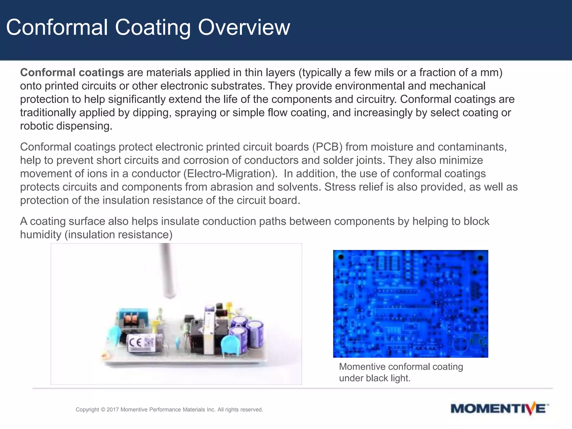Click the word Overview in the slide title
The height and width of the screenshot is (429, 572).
point(244,27)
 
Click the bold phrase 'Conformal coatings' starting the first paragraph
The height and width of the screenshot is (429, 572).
point(72,72)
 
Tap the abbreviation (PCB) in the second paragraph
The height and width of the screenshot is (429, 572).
point(327,147)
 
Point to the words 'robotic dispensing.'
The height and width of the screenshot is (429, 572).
point(66,126)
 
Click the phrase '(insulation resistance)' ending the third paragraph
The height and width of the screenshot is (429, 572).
point(118,235)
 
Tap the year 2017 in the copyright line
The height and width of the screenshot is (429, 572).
point(113,409)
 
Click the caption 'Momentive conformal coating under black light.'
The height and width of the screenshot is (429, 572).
point(401,372)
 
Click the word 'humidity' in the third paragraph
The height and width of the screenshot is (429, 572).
point(40,235)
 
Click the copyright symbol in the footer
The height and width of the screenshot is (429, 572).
point(103,409)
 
